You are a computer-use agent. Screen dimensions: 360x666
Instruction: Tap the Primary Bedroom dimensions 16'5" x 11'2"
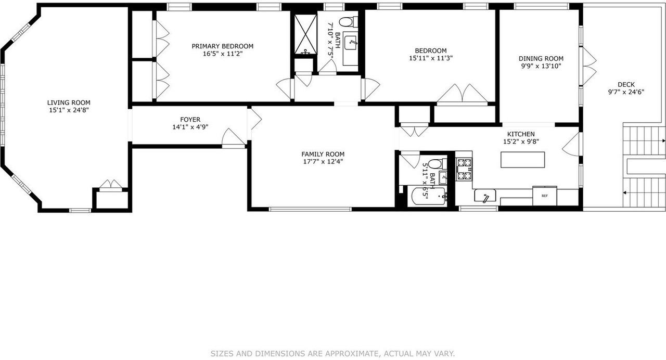point(222,54)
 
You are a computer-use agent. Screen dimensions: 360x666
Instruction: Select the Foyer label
point(190,119)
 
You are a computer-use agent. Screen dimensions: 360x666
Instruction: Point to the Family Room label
point(323,154)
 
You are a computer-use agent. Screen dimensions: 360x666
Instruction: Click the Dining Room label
point(541,58)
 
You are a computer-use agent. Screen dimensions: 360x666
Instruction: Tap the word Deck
point(626,84)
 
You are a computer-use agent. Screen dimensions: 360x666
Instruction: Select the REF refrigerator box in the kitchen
point(544,196)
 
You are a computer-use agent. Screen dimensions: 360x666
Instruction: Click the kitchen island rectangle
point(523,159)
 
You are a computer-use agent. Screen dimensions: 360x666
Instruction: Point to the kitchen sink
point(485,197)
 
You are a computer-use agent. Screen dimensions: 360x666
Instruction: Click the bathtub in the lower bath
point(428,197)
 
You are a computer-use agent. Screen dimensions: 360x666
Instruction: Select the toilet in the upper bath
point(347,22)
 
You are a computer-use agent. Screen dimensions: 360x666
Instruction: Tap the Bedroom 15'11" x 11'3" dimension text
point(431,58)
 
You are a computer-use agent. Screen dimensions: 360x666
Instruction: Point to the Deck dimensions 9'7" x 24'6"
point(626,92)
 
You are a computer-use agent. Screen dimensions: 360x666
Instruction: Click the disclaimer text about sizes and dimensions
point(332,354)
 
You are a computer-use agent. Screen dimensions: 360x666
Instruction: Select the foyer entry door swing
point(233,138)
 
